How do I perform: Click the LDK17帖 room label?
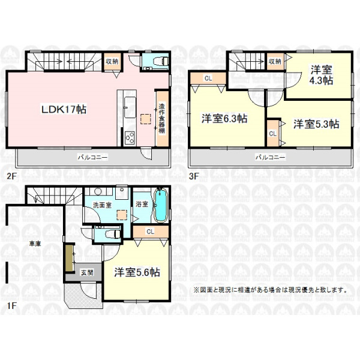(x=64, y=109)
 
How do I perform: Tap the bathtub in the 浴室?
(x=160, y=205)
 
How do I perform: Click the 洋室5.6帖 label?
(x=137, y=272)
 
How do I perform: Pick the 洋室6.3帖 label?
(x=224, y=119)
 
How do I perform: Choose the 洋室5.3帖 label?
(x=316, y=124)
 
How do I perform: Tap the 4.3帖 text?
(x=321, y=80)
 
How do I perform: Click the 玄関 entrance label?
(x=87, y=273)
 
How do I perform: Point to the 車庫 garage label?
(x=35, y=244)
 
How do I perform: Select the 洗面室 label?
(x=102, y=205)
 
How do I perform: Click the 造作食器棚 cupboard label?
(x=162, y=119)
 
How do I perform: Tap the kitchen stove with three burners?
(x=130, y=138)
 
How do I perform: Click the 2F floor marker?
(x=11, y=176)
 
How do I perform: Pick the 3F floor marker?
(x=194, y=176)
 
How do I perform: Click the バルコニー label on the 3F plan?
(x=270, y=157)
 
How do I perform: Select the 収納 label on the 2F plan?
(x=112, y=62)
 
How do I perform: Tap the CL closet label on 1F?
(x=151, y=232)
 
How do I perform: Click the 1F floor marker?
(x=11, y=305)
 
